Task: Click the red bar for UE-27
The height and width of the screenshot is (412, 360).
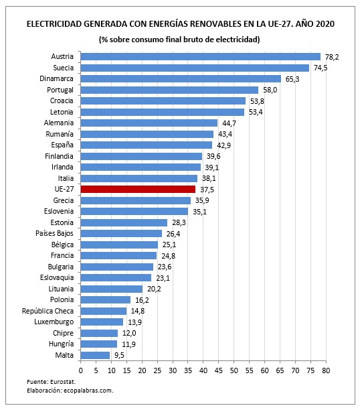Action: [x=138, y=189]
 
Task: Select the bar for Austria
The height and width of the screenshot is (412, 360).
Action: [x=200, y=56]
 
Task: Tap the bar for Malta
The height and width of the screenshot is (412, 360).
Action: [x=95, y=355]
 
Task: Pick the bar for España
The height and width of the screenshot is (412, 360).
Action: [x=146, y=145]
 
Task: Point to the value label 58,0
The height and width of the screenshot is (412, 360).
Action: [x=269, y=90]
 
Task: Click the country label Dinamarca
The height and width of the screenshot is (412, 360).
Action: [x=56, y=78]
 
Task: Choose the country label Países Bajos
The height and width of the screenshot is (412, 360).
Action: [x=54, y=233]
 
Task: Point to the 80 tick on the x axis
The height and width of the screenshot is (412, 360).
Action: [x=326, y=369]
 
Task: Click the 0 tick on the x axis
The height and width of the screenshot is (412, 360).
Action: [x=80, y=369]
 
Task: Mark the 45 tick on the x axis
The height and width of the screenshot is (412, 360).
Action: [x=219, y=369]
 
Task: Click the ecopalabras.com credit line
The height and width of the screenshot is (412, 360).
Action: [x=70, y=391]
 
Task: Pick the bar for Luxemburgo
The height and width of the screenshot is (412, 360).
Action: [x=102, y=322]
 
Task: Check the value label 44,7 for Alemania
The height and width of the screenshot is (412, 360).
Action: [x=228, y=123]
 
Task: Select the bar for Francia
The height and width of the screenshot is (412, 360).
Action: [x=118, y=255]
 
